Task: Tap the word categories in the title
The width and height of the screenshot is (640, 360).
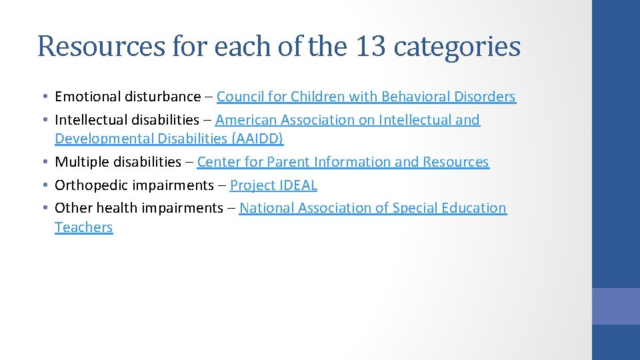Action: point(457,47)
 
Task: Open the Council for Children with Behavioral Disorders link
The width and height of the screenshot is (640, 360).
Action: point(366,97)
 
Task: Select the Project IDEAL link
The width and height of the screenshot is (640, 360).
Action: point(273,185)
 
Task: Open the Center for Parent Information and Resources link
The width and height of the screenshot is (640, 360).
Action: point(343,162)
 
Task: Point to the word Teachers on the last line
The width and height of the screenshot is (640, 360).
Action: point(84,227)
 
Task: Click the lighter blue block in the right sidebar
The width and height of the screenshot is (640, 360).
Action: point(616,306)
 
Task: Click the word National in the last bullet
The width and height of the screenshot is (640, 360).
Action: point(267,208)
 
